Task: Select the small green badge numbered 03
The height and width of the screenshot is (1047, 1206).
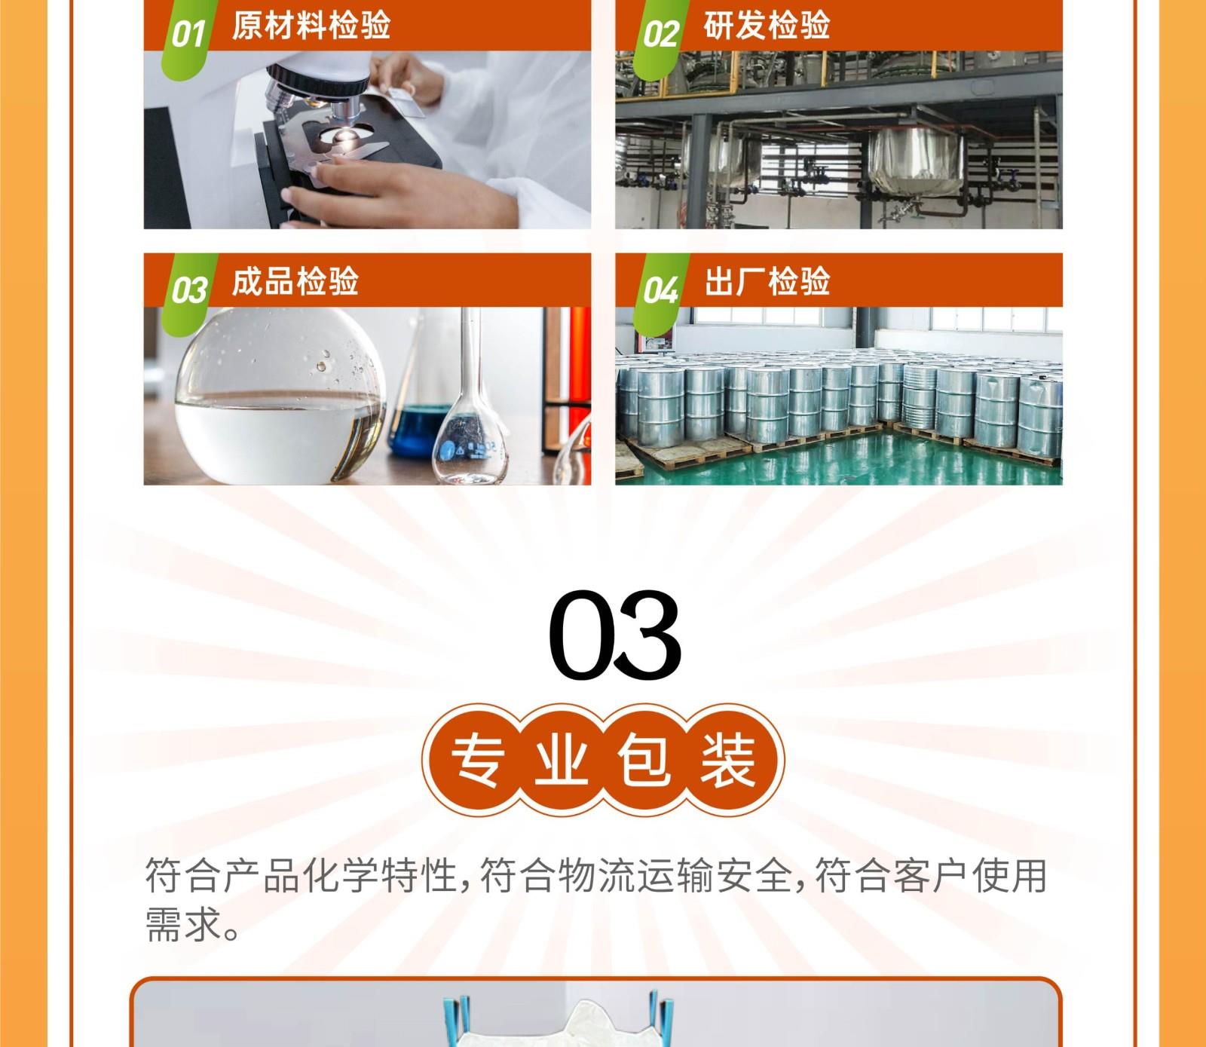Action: [x=188, y=290]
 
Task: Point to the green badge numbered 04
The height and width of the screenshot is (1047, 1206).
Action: [x=660, y=290]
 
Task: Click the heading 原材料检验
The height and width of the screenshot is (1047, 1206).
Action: [x=311, y=25]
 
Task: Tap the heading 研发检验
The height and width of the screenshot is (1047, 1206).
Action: [x=767, y=25]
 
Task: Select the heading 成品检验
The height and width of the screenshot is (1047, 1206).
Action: [x=295, y=280]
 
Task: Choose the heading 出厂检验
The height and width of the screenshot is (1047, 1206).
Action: [x=767, y=280]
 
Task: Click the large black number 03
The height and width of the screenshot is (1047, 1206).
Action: [x=614, y=635]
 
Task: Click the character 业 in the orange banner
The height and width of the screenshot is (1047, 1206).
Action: [x=562, y=759]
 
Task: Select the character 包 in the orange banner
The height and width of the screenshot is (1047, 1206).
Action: [x=644, y=759]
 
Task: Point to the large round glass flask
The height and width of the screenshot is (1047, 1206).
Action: [x=279, y=396]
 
